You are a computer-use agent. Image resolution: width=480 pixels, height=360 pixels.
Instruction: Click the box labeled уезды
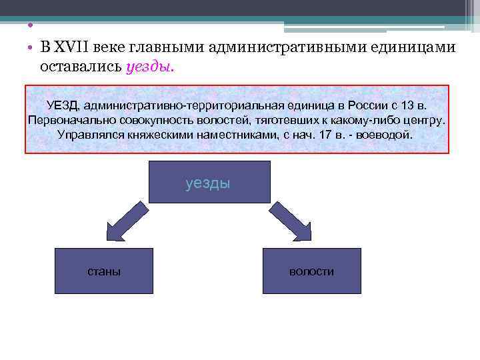point(209,181)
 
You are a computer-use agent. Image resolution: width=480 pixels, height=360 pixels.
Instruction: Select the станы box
point(104,271)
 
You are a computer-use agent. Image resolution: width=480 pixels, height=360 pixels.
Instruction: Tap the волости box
point(311,271)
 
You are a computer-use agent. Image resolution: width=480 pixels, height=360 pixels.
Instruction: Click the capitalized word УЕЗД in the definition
point(63,105)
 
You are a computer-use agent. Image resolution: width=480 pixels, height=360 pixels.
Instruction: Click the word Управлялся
point(90,134)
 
